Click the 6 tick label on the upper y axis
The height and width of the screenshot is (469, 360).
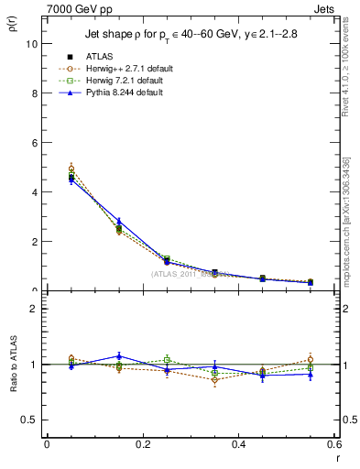34,143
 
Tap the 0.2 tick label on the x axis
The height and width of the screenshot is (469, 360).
142,444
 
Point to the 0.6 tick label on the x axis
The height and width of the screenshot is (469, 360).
334,444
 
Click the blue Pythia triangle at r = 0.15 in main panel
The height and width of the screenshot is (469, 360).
118,222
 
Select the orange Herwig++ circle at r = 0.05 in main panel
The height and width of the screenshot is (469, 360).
71,169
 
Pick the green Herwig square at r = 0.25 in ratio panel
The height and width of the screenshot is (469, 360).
167,359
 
